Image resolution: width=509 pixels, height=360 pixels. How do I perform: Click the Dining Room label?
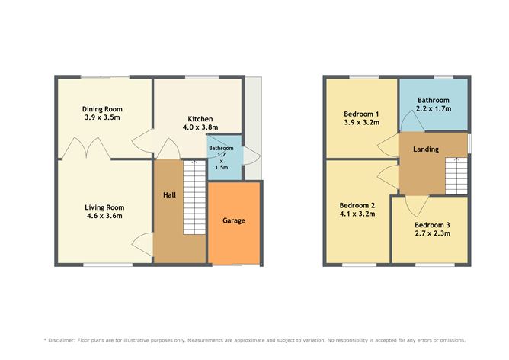point(102,109)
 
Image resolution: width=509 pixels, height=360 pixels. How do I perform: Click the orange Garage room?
point(234,221)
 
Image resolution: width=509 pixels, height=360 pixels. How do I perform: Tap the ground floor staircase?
point(196,200)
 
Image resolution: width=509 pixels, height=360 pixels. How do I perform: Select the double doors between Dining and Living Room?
point(81,148)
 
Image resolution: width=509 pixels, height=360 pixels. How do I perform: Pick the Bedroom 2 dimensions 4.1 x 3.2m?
point(357,214)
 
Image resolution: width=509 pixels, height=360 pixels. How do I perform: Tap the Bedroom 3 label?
point(433,225)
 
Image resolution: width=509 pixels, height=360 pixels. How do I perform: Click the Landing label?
point(425,149)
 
